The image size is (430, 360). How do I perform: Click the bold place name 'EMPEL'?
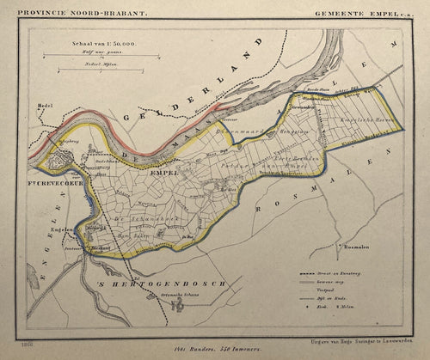coord(163,173)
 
